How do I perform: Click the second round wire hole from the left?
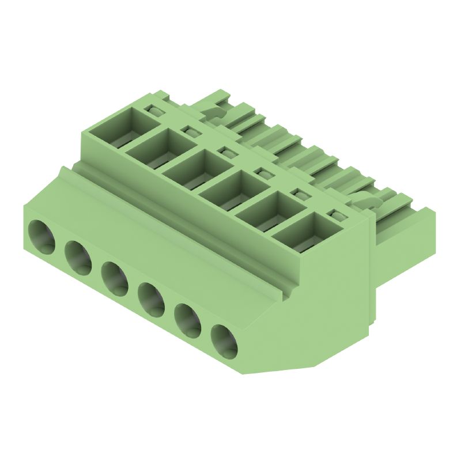78,257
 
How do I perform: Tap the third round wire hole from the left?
115,278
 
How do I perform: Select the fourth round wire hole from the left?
152,300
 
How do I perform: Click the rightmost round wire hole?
224,341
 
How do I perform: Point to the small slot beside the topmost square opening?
154,110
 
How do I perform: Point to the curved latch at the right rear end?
369,199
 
